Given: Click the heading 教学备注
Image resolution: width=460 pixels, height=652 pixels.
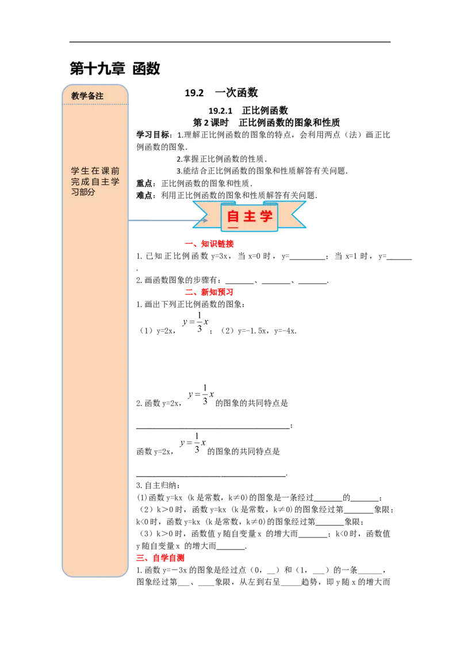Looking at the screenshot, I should tap(87, 96).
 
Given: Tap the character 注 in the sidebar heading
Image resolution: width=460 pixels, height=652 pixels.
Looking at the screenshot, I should tap(99, 96).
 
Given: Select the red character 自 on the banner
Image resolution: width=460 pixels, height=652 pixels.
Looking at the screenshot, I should tap(233, 217).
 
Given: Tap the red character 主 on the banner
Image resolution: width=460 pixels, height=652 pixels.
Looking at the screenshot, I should tap(250, 217).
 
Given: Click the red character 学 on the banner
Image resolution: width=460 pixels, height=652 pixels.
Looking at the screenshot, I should tap(266, 217).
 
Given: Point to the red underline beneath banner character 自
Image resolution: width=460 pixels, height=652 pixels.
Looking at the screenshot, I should tap(233, 227).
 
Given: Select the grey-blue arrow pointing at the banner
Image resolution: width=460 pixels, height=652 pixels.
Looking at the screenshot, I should tap(167, 220).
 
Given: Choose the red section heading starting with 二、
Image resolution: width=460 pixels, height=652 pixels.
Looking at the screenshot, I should tap(209, 293).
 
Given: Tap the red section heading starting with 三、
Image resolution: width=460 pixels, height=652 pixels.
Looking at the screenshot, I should tap(160, 558).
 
